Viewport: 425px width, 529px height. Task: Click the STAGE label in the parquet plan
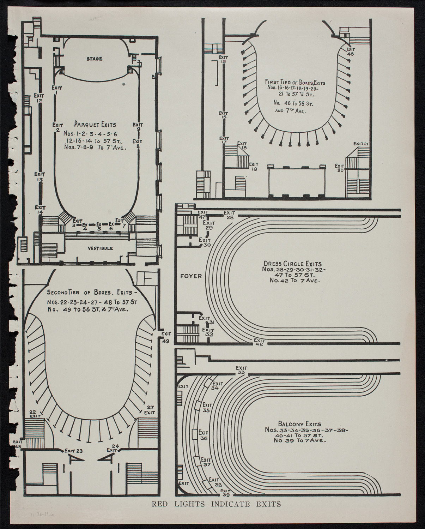(x=95, y=59)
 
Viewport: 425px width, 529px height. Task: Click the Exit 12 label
(x=39, y=98)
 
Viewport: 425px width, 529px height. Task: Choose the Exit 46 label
(x=350, y=52)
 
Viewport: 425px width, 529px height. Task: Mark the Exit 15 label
(x=223, y=59)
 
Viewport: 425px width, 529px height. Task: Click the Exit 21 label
(x=361, y=144)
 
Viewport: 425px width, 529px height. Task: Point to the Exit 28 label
(x=230, y=215)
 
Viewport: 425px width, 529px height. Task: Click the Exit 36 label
(x=204, y=435)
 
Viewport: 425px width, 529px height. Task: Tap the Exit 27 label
(x=150, y=409)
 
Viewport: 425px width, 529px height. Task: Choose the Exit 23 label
(x=73, y=450)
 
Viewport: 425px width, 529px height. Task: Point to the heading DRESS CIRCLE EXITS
(x=292, y=263)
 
